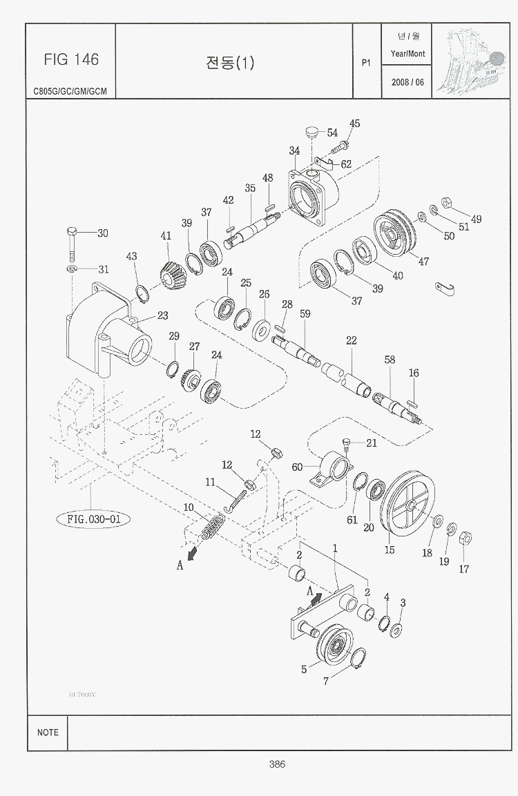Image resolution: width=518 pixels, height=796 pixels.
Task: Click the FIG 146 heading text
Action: pos(71,59)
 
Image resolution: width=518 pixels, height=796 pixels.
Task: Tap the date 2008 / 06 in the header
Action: pos(407,81)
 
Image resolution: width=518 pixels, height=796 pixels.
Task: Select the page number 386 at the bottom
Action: pos(277,764)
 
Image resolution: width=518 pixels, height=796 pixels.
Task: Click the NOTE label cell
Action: pos(48,732)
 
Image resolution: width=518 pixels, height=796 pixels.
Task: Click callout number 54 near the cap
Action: pos(332,133)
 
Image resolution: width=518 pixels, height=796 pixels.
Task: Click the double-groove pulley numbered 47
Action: pos(392,238)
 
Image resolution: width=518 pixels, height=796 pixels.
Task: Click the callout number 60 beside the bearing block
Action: pos(297,467)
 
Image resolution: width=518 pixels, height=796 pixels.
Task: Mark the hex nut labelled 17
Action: pos(465,538)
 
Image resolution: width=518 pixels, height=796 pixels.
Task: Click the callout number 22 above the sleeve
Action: pos(351,340)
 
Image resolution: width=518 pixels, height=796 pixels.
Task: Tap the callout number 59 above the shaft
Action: pos(305,314)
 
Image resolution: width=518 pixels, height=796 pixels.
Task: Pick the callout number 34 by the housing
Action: pos(294,151)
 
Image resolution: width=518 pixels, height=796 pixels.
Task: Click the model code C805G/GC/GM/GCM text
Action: pos(71,91)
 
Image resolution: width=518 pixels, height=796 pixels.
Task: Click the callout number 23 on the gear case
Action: pos(162,316)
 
